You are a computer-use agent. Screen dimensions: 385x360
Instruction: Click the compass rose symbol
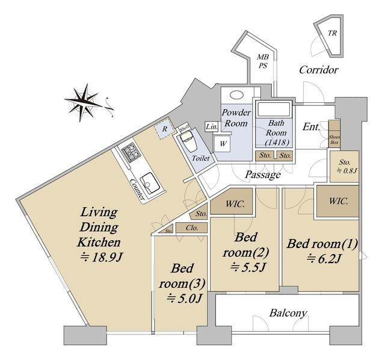[x=85, y=103]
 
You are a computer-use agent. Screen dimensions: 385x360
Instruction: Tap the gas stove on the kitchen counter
[x=131, y=152]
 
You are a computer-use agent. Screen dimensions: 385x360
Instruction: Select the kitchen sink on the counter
[x=150, y=183]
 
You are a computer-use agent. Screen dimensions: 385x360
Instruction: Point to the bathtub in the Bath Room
[x=274, y=109]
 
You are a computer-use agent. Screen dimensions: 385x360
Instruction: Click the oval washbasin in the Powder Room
[x=236, y=95]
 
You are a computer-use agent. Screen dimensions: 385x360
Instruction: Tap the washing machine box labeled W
[x=223, y=144]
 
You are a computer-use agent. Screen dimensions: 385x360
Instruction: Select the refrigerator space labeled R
[x=164, y=129]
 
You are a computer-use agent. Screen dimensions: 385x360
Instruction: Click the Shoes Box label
[x=334, y=140]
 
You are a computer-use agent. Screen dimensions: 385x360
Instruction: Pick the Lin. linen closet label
[x=212, y=127]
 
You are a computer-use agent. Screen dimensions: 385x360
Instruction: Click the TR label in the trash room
[x=332, y=33]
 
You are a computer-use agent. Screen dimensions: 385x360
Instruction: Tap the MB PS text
[x=263, y=61]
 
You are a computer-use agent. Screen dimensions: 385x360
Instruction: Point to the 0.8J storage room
[x=344, y=167]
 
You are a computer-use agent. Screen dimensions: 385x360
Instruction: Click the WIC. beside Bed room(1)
[x=338, y=202]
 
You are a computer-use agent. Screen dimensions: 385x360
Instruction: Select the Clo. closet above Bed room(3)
[x=192, y=228]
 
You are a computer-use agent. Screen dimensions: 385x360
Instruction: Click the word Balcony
[x=288, y=313]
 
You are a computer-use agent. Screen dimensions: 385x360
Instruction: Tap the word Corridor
[x=319, y=70]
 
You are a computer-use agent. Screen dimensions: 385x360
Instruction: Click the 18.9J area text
[x=101, y=257]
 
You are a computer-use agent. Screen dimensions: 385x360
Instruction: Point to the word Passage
[x=263, y=175]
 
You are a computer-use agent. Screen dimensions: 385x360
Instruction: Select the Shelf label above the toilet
[x=185, y=128]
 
